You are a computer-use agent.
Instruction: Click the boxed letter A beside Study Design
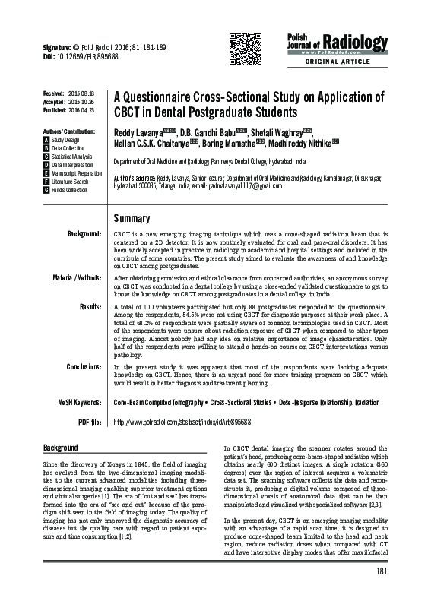point(46,141)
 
